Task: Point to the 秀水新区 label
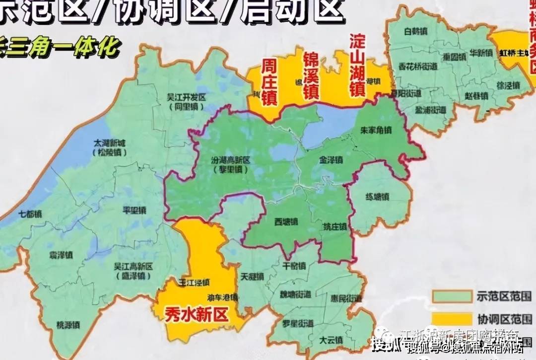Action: coord(197,315)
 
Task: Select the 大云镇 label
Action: coord(331,341)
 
